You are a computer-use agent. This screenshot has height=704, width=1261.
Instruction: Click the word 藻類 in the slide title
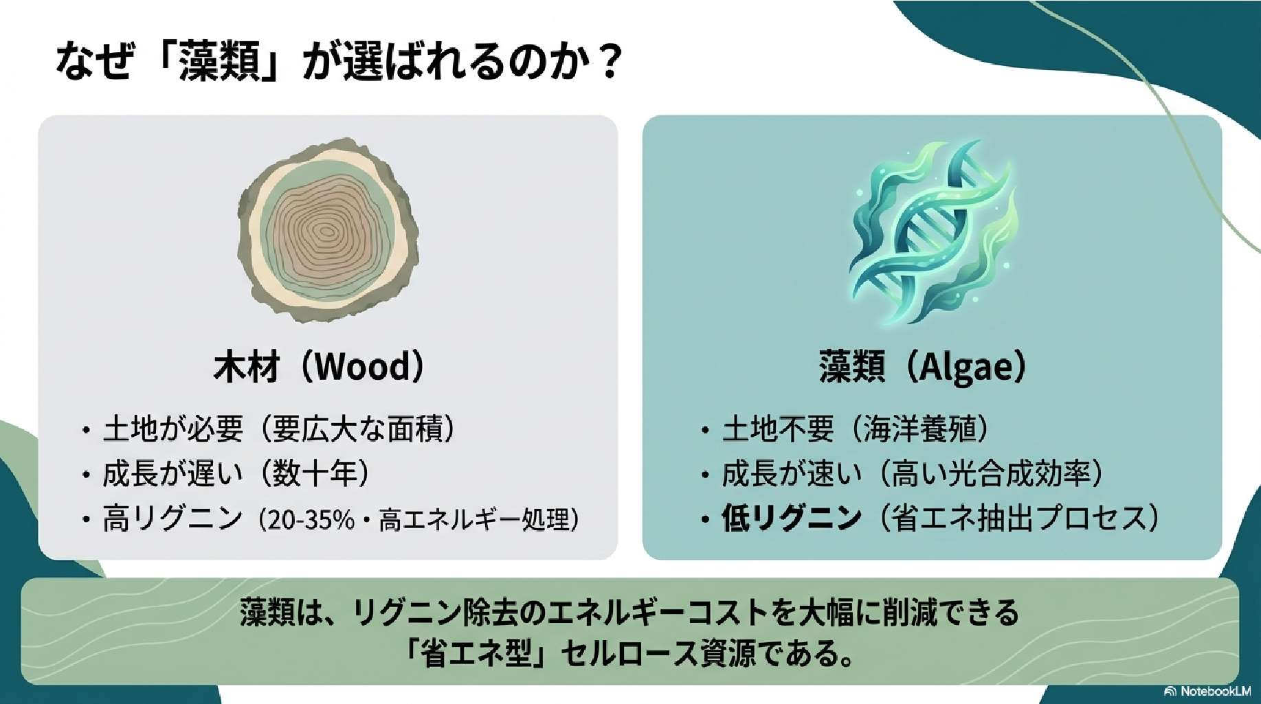click(219, 62)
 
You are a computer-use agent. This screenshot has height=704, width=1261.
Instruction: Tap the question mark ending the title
click(609, 62)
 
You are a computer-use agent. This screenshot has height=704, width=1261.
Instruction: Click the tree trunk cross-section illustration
click(328, 230)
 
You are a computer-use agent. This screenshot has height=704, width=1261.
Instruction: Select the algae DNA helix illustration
click(934, 232)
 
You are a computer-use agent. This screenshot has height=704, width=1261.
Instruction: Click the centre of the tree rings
click(322, 232)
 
